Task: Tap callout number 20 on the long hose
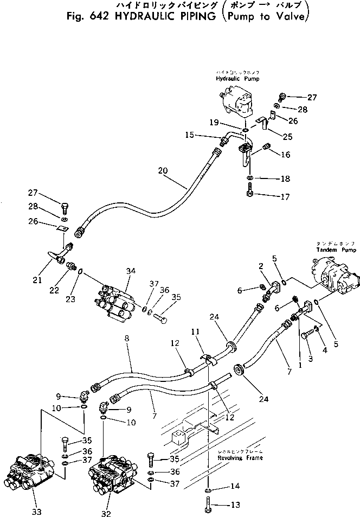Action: coord(162,170)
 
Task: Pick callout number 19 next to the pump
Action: coord(214,123)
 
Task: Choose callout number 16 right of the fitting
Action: coord(285,155)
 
